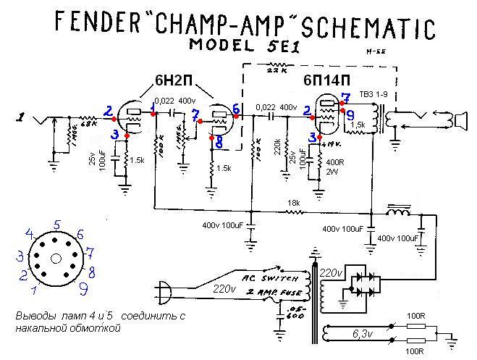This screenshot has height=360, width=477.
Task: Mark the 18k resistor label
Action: pos(292,202)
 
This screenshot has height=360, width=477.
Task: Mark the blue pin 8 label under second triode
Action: pos(219,143)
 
